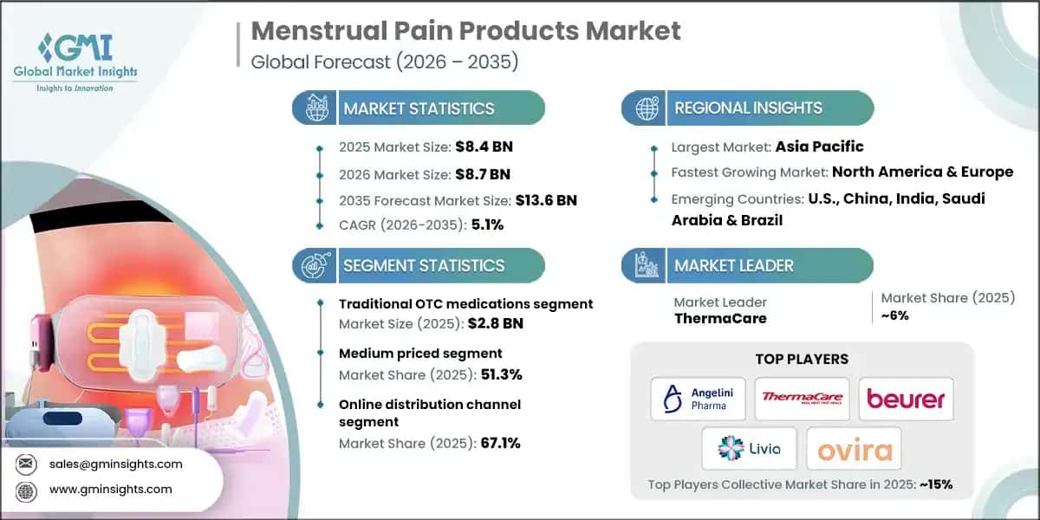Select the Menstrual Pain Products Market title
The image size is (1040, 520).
pos(465,31)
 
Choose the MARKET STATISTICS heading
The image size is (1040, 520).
pos(419,108)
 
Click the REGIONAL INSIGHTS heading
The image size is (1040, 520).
pos(748,108)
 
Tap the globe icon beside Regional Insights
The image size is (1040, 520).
pos(645,108)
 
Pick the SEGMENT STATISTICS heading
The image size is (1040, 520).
pos(423,265)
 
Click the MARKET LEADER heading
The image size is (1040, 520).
pos(733,265)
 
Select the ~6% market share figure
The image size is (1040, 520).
pos(895,316)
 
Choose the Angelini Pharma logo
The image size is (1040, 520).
pos(699,399)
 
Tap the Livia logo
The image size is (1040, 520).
pos(749,448)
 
